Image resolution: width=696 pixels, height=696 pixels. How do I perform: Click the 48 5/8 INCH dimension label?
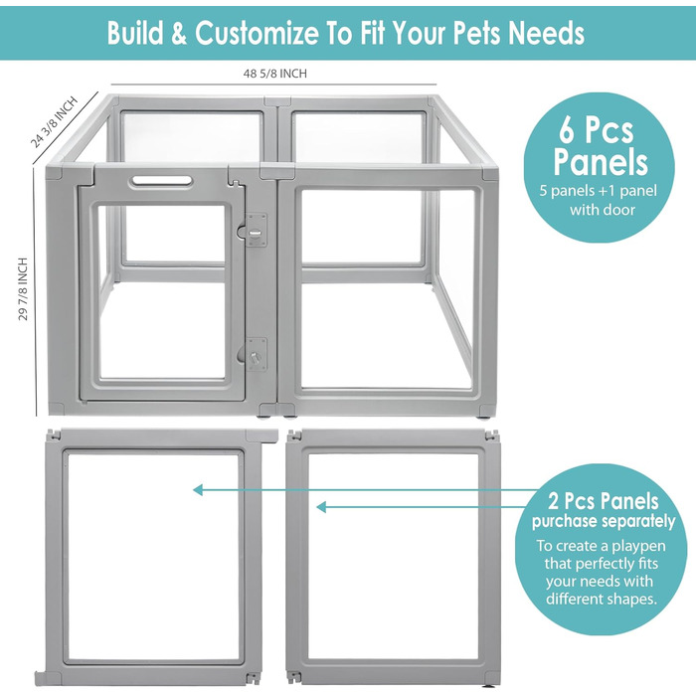[x=274, y=74]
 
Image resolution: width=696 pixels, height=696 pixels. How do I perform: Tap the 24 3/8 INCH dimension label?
[x=54, y=122]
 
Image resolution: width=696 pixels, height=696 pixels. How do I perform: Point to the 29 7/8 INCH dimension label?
[x=23, y=289]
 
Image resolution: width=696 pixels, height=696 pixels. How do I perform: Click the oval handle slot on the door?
[x=161, y=181]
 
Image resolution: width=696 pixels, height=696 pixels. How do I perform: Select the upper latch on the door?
[x=255, y=231]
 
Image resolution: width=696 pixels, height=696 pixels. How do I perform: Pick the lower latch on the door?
[x=255, y=354]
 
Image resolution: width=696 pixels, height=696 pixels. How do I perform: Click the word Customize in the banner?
[x=257, y=34]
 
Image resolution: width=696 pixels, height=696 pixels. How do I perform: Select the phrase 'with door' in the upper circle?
[x=603, y=210]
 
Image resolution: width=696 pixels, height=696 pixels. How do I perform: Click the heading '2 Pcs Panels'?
[x=604, y=501]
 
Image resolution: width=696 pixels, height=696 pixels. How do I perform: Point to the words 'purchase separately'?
[x=604, y=522]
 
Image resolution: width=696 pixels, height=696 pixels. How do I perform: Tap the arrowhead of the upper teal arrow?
[x=198, y=490]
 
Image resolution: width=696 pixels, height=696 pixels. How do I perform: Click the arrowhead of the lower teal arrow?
[x=321, y=507]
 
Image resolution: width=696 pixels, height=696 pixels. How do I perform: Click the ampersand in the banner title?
[x=178, y=34]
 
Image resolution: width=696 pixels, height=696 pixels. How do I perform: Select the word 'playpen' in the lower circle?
[x=640, y=547]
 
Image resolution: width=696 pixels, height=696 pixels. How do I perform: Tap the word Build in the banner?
[x=135, y=33]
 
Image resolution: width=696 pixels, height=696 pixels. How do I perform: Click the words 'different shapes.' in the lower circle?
[x=601, y=599]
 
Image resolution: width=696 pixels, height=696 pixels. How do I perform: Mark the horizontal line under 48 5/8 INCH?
[x=273, y=85]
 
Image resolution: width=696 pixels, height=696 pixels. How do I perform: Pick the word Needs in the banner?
[x=547, y=33]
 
